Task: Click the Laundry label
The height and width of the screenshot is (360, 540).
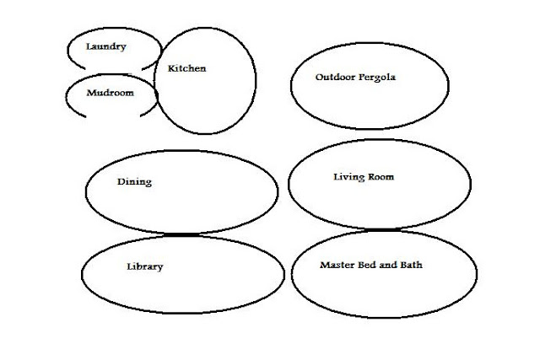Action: tap(106, 46)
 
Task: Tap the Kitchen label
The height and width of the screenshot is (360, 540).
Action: tap(186, 68)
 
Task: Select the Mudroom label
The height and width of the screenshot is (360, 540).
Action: tap(111, 93)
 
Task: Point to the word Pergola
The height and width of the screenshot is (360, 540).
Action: tap(376, 77)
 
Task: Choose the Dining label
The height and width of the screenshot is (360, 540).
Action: tap(134, 181)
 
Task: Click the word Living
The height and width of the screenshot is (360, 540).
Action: tap(348, 177)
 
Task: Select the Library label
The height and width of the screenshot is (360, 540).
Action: tap(144, 266)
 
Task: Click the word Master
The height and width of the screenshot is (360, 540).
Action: tap(337, 265)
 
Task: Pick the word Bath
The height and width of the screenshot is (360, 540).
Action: tap(411, 265)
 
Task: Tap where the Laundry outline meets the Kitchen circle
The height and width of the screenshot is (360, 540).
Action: tap(158, 62)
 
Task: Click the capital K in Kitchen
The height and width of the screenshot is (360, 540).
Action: tap(171, 68)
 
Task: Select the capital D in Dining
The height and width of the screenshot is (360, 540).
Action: tap(121, 181)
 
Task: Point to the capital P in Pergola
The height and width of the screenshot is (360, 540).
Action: tap(359, 77)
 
